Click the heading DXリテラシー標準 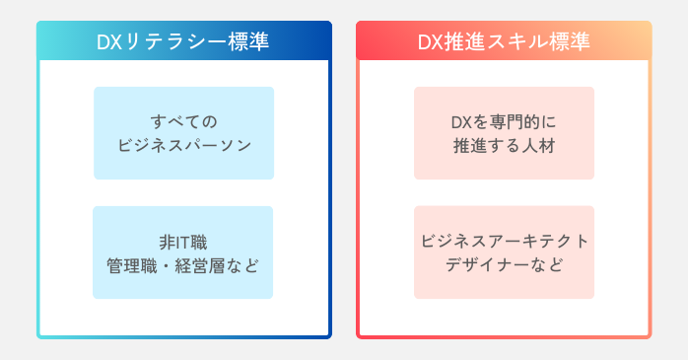coord(183,42)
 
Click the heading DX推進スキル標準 coord(504,42)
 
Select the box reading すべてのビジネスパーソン coord(183,133)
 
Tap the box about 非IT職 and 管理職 coord(183,252)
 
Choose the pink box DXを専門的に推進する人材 coord(504,133)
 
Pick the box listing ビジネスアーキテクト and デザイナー coord(504,252)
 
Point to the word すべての coord(183,121)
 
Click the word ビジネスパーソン coord(183,145)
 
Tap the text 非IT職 coord(183,241)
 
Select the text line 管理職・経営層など coord(183,264)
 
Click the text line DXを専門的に coord(504,121)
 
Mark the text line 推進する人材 coord(504,145)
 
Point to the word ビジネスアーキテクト coord(504,241)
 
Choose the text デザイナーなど coord(504,264)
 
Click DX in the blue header coord(109,42)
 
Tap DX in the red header coord(430,42)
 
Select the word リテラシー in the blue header coord(172,42)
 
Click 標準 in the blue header coord(245,42)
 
